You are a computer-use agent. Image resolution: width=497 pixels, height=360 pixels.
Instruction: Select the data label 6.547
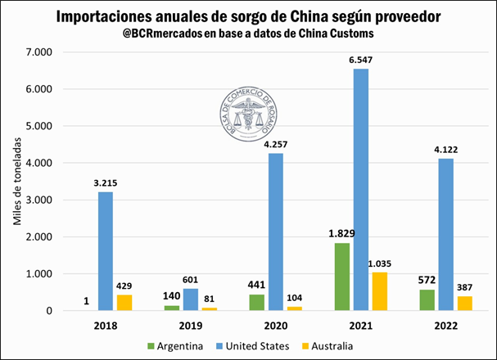click(361, 61)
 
